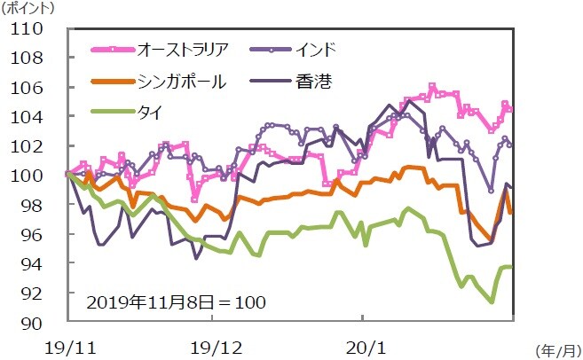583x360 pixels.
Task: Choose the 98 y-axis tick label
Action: [x=35, y=205]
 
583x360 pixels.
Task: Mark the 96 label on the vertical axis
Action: [x=35, y=234]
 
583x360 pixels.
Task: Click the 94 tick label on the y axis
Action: [x=35, y=263]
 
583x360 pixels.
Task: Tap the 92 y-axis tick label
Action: [x=35, y=293]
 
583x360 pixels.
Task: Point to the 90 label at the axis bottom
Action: [x=35, y=322]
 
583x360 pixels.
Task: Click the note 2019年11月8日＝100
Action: [x=177, y=301]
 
